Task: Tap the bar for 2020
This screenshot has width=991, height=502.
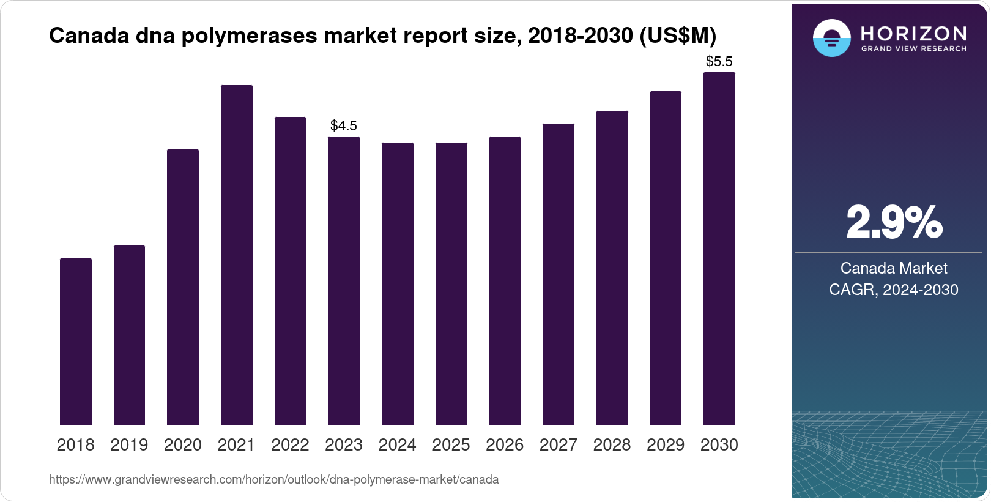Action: [183, 287]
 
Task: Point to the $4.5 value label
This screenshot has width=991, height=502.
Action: [344, 125]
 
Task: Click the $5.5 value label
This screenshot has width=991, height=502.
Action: [719, 61]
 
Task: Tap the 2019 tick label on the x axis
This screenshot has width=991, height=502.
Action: [129, 445]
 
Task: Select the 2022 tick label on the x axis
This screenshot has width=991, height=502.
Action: [290, 445]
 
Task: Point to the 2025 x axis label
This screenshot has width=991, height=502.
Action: [451, 445]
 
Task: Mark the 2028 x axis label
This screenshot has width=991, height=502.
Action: [612, 445]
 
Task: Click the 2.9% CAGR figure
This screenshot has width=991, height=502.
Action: [894, 223]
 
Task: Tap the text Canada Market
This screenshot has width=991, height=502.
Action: [894, 268]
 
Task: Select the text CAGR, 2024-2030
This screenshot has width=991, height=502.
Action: [894, 290]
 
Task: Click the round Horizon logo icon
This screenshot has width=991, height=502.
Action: [832, 38]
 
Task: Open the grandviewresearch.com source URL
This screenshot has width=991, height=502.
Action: [273, 480]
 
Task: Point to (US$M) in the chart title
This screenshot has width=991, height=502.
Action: [678, 36]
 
